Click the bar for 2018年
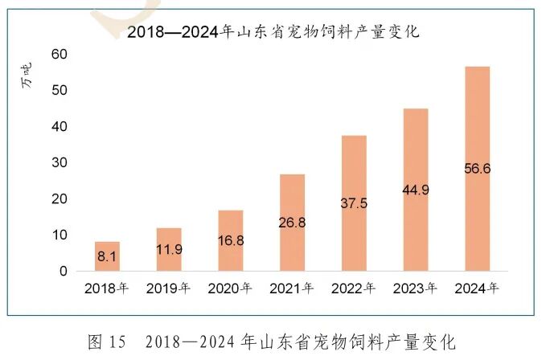click(107, 256)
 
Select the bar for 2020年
click(231, 240)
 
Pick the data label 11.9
click(169, 249)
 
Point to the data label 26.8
click(293, 221)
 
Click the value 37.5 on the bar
click(354, 203)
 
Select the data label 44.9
click(416, 190)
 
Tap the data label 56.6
click(477, 169)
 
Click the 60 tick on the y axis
click(60, 54)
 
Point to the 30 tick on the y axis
click(60, 163)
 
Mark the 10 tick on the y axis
click(60, 235)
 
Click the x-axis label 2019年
click(168, 289)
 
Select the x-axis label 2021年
click(292, 289)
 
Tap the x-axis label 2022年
click(354, 289)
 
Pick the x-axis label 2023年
click(416, 289)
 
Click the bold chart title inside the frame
click(273, 32)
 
